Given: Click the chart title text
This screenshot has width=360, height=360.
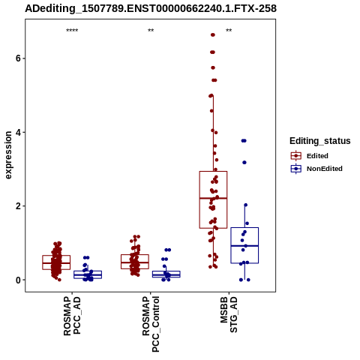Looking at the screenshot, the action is (151, 9).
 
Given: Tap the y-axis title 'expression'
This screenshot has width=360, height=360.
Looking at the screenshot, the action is (8, 155).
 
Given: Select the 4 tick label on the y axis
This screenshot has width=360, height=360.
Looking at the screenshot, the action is (18, 132).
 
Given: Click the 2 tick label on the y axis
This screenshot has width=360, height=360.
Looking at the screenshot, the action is (18, 206).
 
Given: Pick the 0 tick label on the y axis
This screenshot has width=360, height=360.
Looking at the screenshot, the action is (18, 280).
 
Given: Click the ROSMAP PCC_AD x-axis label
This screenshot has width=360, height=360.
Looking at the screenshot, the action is (72, 316).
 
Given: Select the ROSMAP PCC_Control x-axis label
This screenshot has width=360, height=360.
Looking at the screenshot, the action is (151, 324).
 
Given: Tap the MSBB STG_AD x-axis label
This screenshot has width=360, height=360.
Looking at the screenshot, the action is (229, 315).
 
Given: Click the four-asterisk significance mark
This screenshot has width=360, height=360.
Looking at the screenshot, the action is (72, 31).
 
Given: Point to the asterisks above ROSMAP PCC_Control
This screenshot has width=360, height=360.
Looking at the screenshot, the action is (151, 31).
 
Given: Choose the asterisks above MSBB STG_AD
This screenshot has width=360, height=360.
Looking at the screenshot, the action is (229, 31).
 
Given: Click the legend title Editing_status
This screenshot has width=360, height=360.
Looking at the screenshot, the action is (320, 141).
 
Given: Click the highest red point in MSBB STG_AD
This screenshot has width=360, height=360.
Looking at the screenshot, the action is (213, 35).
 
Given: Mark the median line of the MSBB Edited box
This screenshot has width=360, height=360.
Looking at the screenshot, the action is (213, 198).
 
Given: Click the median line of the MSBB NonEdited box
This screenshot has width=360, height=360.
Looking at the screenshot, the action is (244, 246).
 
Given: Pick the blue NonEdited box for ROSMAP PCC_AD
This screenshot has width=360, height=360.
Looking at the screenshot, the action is (88, 274).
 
